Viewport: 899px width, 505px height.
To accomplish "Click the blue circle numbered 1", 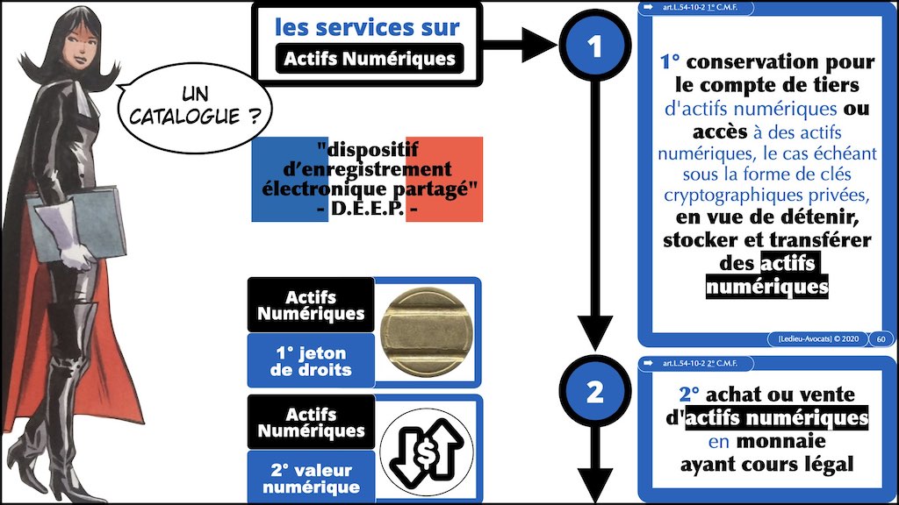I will [594, 45].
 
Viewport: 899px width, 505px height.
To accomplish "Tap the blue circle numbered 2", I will [594, 393].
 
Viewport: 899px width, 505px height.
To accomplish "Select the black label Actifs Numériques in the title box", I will [366, 60].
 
